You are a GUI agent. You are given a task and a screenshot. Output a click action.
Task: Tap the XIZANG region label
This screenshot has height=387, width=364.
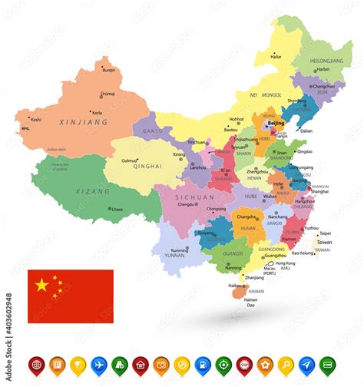(x=92, y=190)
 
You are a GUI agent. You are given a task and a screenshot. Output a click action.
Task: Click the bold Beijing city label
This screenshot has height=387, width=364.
(x=276, y=123)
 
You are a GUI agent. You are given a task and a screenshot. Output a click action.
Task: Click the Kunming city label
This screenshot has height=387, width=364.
(x=179, y=250)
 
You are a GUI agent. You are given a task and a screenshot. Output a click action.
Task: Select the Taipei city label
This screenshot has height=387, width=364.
(x=325, y=233)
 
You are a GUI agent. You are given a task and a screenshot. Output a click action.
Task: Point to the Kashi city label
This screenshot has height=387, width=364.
(x=35, y=119)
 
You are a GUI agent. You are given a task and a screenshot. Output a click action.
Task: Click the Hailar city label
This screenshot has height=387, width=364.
(x=274, y=55)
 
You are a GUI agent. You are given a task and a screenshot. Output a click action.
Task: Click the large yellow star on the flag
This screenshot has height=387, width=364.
(x=42, y=286)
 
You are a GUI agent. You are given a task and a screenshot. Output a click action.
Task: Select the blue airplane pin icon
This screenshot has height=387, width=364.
(x=98, y=364)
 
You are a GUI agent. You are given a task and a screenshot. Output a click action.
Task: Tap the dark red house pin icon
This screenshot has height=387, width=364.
(x=140, y=364)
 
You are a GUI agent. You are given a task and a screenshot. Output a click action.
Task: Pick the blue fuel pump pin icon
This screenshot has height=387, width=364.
(x=203, y=364)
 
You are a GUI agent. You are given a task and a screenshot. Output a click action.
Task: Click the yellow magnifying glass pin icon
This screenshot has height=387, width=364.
(x=286, y=364)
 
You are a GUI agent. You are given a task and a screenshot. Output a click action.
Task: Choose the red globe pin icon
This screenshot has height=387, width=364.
(x=35, y=364)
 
